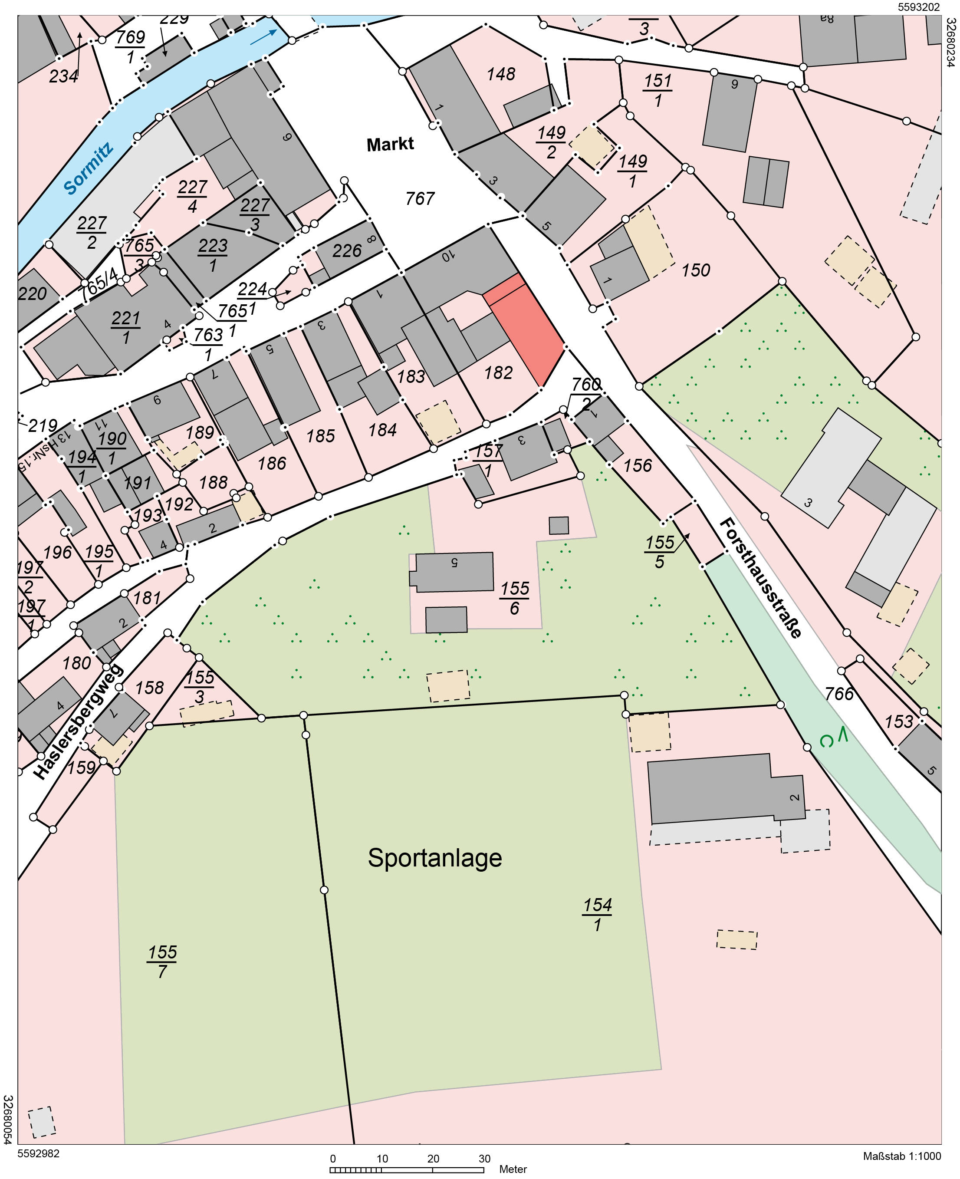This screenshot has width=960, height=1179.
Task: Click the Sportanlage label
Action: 435,858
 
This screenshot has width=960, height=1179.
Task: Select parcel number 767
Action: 420,198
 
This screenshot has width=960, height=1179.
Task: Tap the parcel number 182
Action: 498,373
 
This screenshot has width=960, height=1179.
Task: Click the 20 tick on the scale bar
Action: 433,1159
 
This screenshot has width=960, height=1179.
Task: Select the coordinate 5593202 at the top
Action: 918,7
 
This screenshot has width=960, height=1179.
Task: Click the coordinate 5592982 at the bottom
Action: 39,1153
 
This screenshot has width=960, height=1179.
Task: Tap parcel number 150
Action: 695,270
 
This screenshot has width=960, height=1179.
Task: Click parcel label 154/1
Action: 597,915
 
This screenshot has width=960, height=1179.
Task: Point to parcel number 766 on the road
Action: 839,693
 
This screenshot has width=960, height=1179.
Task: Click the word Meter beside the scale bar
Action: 513,1169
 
